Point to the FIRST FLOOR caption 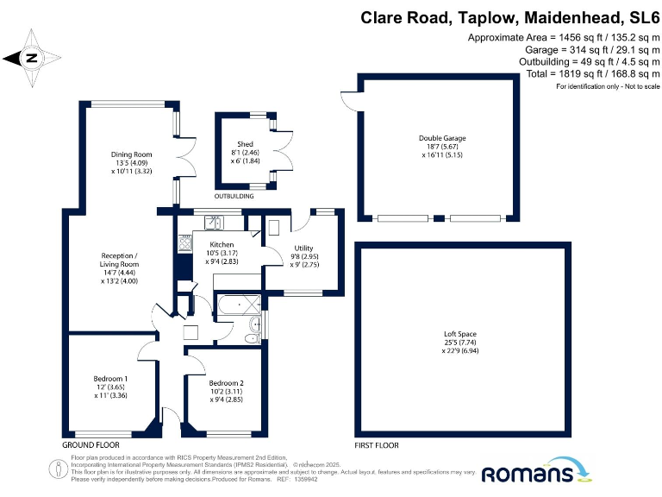[x=377, y=444]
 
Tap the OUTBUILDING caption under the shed [x=234, y=197]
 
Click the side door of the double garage [x=349, y=100]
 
